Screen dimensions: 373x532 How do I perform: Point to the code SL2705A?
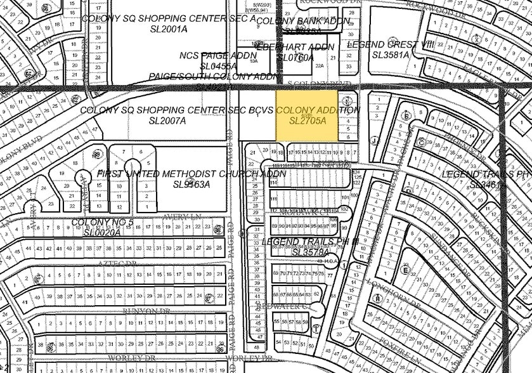[308, 121]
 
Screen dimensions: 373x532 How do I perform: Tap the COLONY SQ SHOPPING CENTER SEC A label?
[169, 18]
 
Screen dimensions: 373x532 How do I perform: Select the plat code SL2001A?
[168, 29]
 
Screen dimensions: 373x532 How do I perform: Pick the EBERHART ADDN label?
[290, 47]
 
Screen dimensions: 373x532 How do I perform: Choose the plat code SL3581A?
[391, 55]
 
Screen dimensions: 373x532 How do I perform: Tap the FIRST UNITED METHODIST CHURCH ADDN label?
[191, 174]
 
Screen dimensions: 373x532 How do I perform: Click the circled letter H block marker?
[378, 299]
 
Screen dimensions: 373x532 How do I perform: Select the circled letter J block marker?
[375, 141]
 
